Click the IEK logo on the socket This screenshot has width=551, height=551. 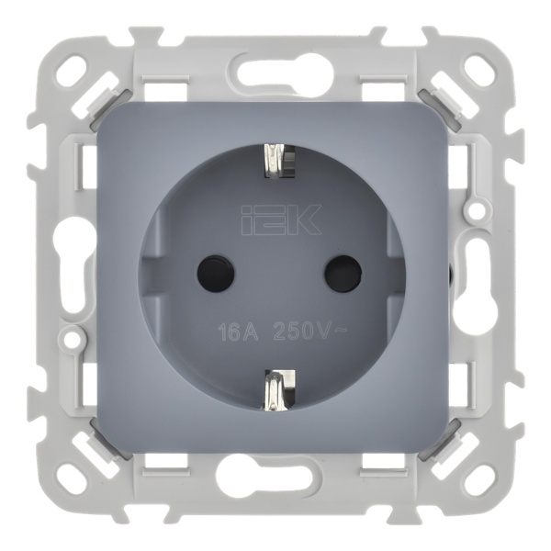coord(281,220)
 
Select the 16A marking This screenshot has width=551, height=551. coord(238,332)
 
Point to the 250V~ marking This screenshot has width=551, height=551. coord(305,331)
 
